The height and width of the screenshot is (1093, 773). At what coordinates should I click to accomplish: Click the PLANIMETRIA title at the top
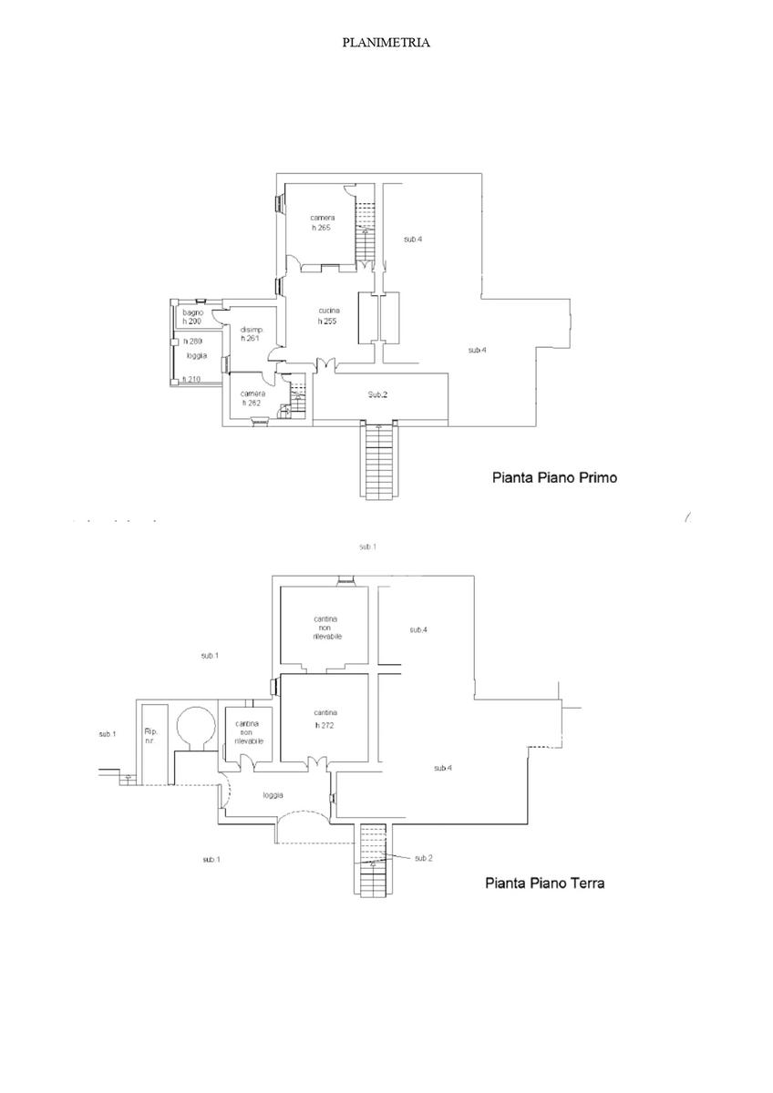tap(386, 43)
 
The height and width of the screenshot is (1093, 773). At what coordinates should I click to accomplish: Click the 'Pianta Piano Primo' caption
tap(554, 476)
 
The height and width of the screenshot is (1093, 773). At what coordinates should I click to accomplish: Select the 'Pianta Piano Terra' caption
tap(545, 883)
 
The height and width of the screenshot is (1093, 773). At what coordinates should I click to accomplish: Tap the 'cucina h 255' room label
tap(328, 315)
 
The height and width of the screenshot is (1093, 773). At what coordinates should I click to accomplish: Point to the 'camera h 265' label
tap(321, 222)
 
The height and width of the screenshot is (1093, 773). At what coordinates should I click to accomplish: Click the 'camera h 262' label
tap(253, 398)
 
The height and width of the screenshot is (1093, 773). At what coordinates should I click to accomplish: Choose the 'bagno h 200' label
tap(192, 317)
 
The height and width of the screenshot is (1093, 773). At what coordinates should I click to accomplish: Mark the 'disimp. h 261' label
tap(251, 334)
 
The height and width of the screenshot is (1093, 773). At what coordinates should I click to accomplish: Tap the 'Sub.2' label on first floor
tap(378, 394)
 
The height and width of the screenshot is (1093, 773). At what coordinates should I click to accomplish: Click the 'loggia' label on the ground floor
tap(273, 794)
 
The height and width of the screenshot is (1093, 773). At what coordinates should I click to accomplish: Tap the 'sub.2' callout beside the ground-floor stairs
tap(423, 858)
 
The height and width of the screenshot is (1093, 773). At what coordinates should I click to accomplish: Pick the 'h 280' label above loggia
tap(191, 341)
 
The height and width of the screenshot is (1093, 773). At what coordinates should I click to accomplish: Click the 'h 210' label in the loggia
tap(191, 379)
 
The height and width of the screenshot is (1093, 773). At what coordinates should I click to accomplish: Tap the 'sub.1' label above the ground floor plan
tap(367, 546)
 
